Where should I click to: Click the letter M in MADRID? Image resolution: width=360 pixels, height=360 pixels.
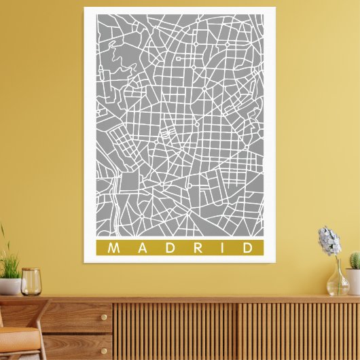coord(113,248)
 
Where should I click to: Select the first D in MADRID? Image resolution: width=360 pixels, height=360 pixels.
coord(170,248)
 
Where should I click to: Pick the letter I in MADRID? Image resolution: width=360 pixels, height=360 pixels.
coord(223,248)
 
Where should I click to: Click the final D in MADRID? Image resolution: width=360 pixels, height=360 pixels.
coord(248,248)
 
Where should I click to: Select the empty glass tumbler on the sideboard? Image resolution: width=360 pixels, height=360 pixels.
coord(31,281)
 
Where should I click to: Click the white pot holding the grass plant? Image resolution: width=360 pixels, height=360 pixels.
coord(9,287)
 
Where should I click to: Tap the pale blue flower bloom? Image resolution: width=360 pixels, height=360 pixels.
coord(329,241)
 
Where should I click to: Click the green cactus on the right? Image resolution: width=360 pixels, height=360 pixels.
coord(354,260)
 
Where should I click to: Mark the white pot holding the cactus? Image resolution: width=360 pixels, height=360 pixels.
coord(353,281)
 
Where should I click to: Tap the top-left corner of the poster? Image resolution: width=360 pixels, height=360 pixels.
coord(85,7)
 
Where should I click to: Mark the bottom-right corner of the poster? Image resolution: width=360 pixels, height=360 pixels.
coord(275,262)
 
